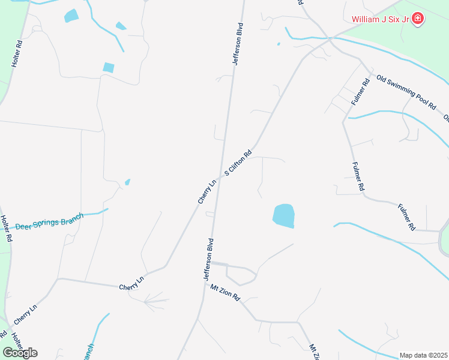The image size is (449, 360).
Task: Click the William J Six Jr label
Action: coord(381,20)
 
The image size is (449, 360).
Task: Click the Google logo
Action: coord(20,352)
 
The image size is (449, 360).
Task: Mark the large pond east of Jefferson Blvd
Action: coord(284,215)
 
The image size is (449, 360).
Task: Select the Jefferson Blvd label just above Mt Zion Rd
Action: coord(208,260)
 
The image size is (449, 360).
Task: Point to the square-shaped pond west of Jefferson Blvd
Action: coord(108,67)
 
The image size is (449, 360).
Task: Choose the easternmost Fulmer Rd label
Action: coord(406,217)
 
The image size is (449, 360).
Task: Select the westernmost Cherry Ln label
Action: coord(26,313)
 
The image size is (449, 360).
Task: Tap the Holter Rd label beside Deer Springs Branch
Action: coord(6,229)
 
